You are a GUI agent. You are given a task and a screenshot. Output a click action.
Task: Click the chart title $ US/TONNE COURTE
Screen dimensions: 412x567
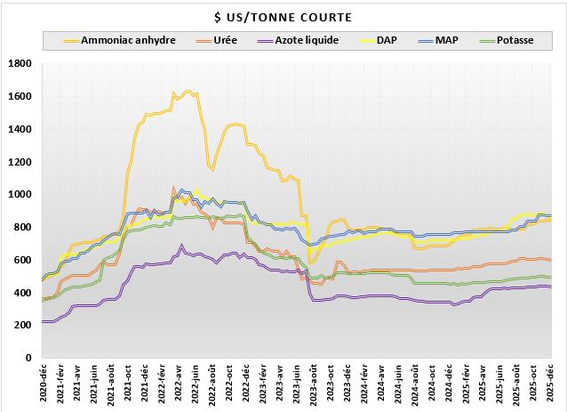283,17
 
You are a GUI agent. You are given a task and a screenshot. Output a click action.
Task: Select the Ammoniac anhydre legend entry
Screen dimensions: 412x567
128,40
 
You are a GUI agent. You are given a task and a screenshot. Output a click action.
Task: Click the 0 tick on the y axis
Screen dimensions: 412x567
28,359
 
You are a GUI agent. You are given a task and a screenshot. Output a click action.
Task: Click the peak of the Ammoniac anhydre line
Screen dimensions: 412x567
187,91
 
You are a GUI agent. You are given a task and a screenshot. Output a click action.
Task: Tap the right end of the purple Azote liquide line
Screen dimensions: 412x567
551,287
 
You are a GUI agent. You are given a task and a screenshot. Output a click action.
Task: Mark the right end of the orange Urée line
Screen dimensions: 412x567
551,260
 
